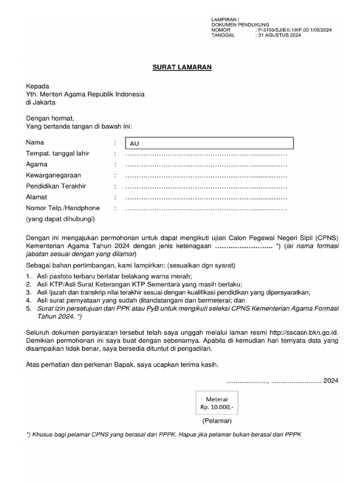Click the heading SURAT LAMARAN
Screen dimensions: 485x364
182,67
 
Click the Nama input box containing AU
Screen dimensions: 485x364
209,143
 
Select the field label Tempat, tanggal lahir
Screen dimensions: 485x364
57,153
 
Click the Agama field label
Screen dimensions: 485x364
36,164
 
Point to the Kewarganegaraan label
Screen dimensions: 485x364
53,175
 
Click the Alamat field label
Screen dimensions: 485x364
36,197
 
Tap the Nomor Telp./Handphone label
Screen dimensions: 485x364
63,208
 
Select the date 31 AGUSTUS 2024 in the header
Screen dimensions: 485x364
279,35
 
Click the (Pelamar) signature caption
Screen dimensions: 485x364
217,421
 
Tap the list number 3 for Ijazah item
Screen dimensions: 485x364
28,292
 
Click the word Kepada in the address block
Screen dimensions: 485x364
37,86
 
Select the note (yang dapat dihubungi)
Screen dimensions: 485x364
61,219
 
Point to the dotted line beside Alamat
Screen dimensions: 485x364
206,198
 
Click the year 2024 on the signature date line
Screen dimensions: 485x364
331,380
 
